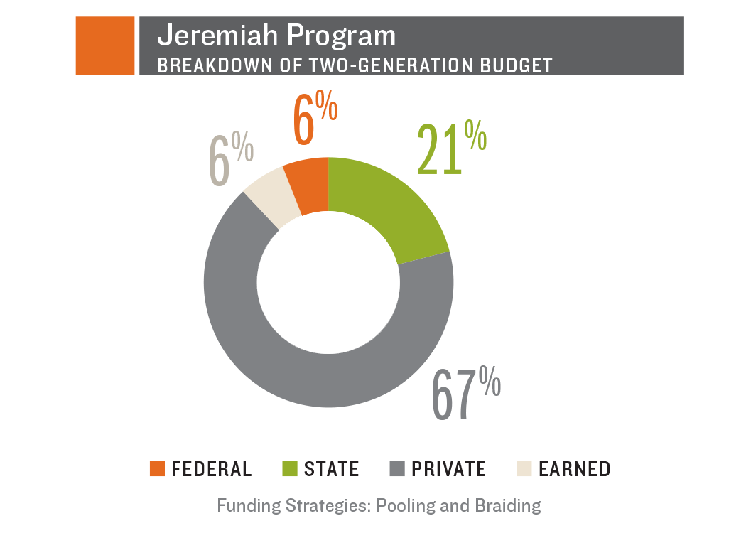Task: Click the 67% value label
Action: (x=466, y=392)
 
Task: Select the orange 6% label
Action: (x=315, y=120)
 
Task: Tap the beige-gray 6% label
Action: (x=231, y=161)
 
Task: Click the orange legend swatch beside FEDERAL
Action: (x=157, y=469)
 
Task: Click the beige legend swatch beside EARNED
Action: (x=524, y=469)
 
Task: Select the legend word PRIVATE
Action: (x=448, y=469)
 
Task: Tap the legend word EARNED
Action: (x=574, y=469)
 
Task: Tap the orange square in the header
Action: (x=105, y=45)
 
